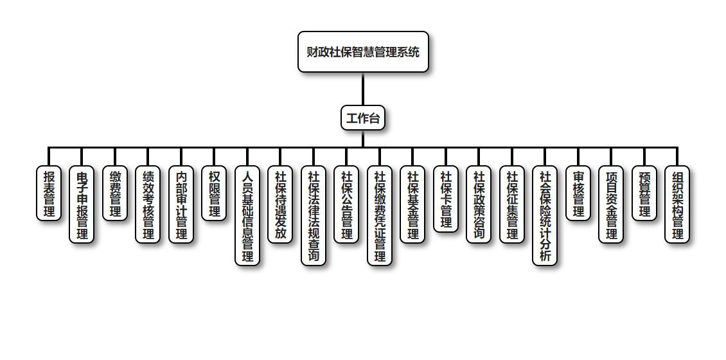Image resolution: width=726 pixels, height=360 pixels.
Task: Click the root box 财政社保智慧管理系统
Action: point(363,52)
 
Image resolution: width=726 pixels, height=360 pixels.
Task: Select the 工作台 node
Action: point(363,118)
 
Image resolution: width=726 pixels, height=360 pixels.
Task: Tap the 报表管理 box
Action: point(49,194)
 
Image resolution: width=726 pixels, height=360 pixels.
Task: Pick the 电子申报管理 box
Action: point(82,204)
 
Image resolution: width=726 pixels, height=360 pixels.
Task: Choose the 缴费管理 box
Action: point(115,194)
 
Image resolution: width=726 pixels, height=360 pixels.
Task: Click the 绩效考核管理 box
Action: point(148,204)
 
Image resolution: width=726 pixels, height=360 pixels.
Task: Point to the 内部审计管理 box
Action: point(181,204)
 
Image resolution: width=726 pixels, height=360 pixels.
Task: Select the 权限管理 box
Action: point(215,194)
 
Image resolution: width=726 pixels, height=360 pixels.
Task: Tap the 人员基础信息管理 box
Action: point(247,215)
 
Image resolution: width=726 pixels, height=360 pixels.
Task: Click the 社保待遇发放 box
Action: point(281,204)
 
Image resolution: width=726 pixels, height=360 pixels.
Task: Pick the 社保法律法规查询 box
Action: point(314,215)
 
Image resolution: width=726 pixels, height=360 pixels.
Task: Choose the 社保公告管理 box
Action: point(347,204)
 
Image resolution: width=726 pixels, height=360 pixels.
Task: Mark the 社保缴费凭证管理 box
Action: point(380,215)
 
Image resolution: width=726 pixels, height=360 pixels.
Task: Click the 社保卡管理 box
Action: point(446,199)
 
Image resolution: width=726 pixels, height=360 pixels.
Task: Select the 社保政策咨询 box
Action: point(479,204)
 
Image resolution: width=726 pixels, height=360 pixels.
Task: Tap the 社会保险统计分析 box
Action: point(545,215)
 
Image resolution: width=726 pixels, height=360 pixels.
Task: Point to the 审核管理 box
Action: point(578,194)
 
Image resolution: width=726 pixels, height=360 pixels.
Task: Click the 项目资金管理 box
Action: point(611,204)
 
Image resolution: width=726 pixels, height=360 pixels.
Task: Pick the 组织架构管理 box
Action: point(677,204)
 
